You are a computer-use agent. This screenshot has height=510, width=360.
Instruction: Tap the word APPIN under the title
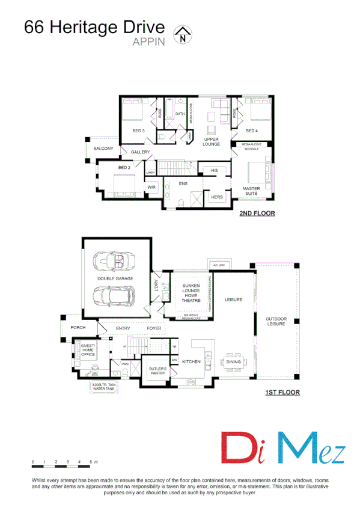pyautogui.click(x=148, y=43)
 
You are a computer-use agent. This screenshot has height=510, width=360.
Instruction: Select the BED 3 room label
pyautogui.click(x=138, y=131)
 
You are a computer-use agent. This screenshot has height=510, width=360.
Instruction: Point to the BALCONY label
pyautogui.click(x=103, y=149)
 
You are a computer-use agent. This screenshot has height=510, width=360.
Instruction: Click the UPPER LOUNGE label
pyautogui.click(x=211, y=141)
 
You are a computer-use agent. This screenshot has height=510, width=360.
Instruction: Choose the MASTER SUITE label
pyautogui.click(x=251, y=191)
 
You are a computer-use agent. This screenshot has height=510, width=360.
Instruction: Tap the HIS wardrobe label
pyautogui.click(x=214, y=171)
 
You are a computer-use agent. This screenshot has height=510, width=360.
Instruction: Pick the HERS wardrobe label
pyautogui.click(x=216, y=197)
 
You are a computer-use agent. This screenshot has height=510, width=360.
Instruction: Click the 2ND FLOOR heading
pyautogui.click(x=257, y=213)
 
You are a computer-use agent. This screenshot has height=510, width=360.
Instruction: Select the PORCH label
pyautogui.click(x=78, y=328)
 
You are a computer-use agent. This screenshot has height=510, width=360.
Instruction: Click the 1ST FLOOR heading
pyautogui.click(x=282, y=393)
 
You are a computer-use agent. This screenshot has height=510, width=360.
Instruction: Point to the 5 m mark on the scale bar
pyautogui.click(x=91, y=461)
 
